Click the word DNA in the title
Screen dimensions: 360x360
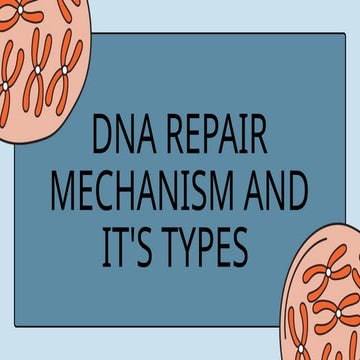point(122,139)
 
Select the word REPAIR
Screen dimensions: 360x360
point(217,139)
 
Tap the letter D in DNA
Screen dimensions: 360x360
point(101,139)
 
